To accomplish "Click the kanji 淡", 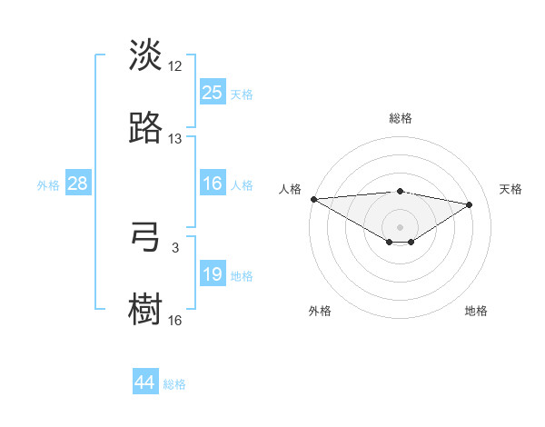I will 146,55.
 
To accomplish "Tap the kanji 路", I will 146,128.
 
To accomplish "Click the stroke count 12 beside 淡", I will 175,66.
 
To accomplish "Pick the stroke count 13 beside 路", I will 175,139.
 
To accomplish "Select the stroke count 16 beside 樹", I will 175,321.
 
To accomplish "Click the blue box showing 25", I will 213,93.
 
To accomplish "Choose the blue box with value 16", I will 213,184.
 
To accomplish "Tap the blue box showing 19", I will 213,275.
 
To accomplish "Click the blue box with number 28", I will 78,184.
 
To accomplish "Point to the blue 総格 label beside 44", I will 174,384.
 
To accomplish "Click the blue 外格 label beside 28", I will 48,185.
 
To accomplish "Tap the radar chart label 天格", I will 511,189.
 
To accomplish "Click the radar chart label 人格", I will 290,189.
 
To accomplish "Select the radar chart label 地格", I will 476,312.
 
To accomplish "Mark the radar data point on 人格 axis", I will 313,199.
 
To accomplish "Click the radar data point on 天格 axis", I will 470,205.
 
